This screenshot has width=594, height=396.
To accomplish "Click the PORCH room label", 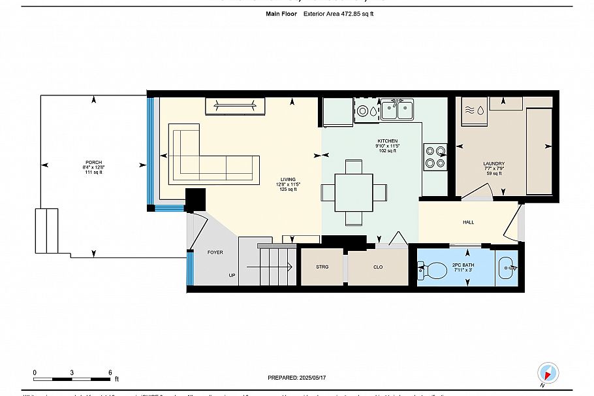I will coord(93,163).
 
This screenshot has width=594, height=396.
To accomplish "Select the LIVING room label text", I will coord(287,179).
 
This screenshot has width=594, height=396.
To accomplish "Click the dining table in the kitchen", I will coord(354,192).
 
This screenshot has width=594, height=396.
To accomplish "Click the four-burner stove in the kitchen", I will coord(435,157).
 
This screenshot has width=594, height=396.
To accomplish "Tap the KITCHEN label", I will coord(386,140).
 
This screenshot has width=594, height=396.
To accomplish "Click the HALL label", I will coord(468,222).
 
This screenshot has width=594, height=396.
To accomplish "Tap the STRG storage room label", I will coord(322,267).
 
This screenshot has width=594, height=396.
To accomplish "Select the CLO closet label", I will coord(377,267).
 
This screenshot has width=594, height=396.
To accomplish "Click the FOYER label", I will coord(215,252).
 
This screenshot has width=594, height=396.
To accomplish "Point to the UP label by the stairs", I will coord(231,275).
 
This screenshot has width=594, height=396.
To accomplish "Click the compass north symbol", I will coord(548,373).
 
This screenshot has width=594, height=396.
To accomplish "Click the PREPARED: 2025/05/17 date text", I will coord(297,378).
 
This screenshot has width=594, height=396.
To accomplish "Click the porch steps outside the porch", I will coord(47,231).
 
